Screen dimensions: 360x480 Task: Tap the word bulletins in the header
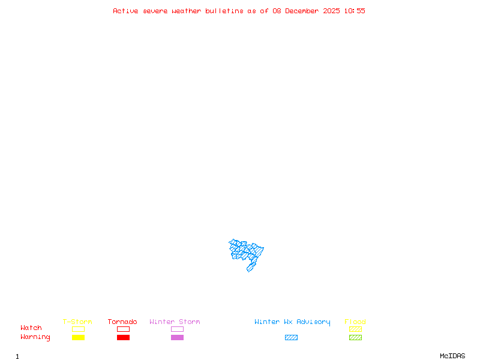pyautogui.click(x=224, y=11)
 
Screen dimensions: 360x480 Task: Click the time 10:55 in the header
pyautogui.click(x=355, y=11)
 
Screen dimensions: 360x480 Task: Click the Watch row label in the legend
pyautogui.click(x=31, y=328)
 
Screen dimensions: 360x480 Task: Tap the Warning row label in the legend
pyautogui.click(x=35, y=337)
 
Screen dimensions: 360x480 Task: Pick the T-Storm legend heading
pyautogui.click(x=77, y=322)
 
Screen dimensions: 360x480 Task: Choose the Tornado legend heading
pyautogui.click(x=122, y=322)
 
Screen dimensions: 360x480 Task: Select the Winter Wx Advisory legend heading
pyautogui.click(x=292, y=322)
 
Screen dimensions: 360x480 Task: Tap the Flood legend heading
pyautogui.click(x=355, y=322)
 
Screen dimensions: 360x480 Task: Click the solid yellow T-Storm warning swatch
pyautogui.click(x=78, y=338)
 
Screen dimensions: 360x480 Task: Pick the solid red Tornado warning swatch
pyautogui.click(x=123, y=338)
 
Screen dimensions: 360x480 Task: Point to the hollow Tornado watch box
pyautogui.click(x=123, y=329)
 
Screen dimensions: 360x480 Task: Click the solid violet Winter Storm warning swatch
pyautogui.click(x=177, y=338)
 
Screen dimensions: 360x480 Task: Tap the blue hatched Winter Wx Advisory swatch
pyautogui.click(x=291, y=338)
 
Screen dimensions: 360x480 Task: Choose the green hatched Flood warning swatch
pyautogui.click(x=355, y=338)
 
